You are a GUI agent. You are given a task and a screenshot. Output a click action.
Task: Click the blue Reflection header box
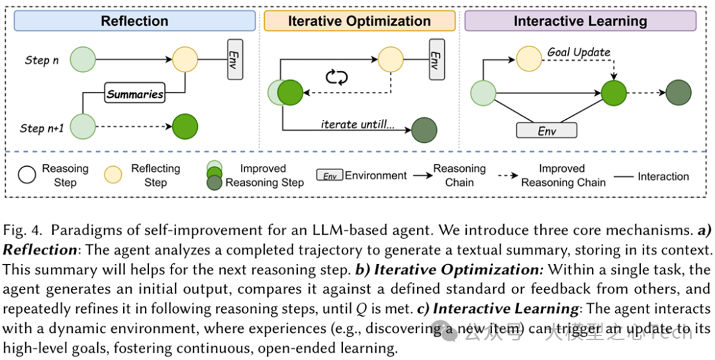pyautogui.click(x=134, y=21)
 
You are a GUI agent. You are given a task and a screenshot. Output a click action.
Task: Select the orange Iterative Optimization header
pyautogui.click(x=359, y=21)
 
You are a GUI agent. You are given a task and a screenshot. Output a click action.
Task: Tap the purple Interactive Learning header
pyautogui.click(x=580, y=21)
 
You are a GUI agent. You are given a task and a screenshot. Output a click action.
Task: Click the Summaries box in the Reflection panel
pyautogui.click(x=134, y=94)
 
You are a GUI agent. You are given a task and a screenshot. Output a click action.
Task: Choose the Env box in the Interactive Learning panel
pyautogui.click(x=547, y=130)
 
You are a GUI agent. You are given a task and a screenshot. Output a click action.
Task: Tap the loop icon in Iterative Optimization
pyautogui.click(x=336, y=77)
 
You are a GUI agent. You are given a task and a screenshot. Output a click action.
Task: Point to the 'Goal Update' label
pyautogui.click(x=579, y=52)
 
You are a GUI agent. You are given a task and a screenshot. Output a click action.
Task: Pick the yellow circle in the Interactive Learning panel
pyautogui.click(x=529, y=59)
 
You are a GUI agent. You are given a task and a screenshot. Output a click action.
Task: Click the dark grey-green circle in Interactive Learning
pyautogui.click(x=679, y=93)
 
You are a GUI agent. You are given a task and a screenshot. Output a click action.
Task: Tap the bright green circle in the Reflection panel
pyautogui.click(x=185, y=126)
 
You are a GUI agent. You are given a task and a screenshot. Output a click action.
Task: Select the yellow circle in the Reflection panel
pyautogui.click(x=185, y=60)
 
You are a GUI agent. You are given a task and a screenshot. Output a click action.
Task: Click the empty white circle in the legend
pyautogui.click(x=26, y=175)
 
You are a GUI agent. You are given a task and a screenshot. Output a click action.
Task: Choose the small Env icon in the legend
pyautogui.click(x=329, y=176)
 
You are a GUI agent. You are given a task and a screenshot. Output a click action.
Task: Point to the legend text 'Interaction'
pyautogui.click(x=663, y=176)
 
